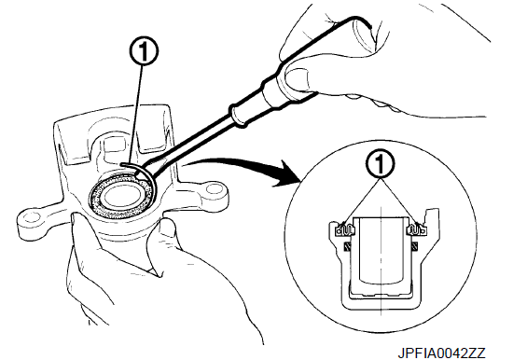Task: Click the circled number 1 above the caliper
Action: pyautogui.click(x=144, y=52)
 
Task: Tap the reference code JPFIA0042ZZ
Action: pyautogui.click(x=441, y=353)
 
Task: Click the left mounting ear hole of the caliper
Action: pyautogui.click(x=30, y=217)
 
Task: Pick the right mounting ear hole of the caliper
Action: pyautogui.click(x=213, y=188)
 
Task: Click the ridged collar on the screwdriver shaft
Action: pyautogui.click(x=236, y=114)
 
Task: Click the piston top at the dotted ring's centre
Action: pyautogui.click(x=121, y=197)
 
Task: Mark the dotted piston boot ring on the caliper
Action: pyautogui.click(x=122, y=197)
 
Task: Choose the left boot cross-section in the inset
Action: pyautogui.click(x=345, y=228)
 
